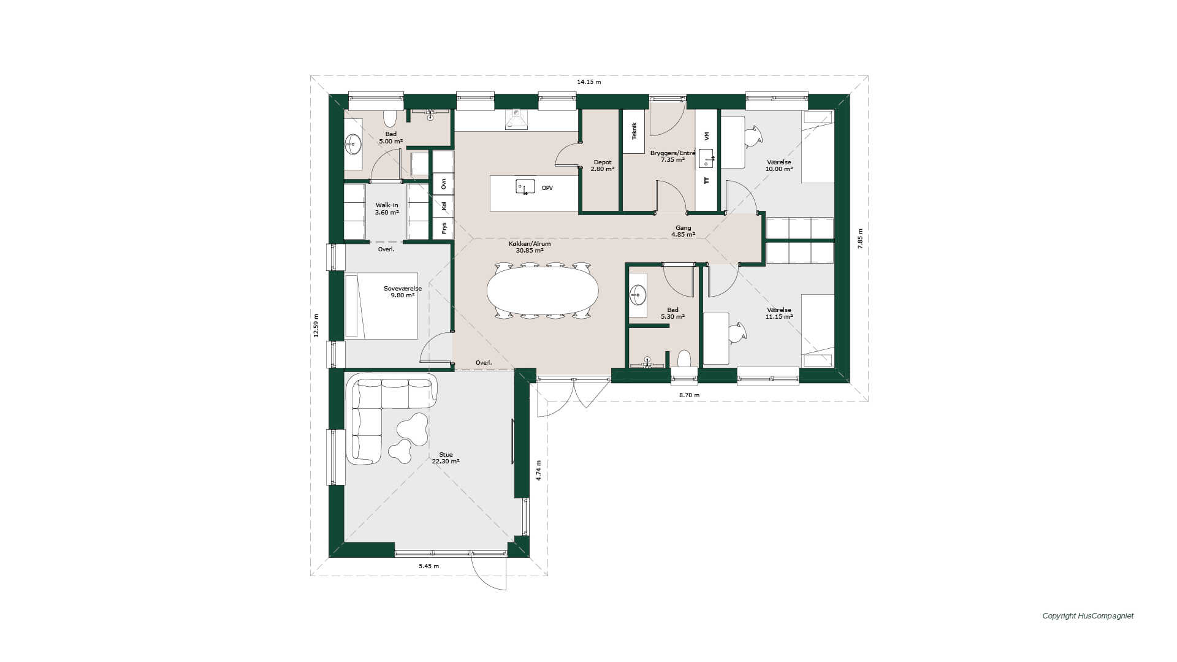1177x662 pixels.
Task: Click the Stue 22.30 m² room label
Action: coord(446,458)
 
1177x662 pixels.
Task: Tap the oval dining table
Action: coord(543,291)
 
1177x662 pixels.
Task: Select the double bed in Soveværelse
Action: coord(381,306)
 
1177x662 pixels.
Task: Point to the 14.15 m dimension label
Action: coord(588,82)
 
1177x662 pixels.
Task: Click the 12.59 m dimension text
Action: coord(316,325)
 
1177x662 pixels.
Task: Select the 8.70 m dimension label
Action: coord(689,395)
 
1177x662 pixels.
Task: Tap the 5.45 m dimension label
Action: coord(429,566)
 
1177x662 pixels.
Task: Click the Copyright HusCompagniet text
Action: coord(1087,616)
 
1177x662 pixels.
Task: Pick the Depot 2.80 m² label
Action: coord(602,165)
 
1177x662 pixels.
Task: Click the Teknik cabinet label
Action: coord(634,131)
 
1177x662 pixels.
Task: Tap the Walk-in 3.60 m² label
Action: coord(387,209)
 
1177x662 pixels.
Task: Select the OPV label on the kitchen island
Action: coord(547,188)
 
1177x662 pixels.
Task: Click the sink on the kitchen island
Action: coord(525,187)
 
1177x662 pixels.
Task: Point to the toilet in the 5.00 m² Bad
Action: coord(390,118)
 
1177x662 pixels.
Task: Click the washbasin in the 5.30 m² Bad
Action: coord(638,295)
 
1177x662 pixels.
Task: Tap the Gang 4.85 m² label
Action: coord(683,231)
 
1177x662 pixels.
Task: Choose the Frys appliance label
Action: coord(444,228)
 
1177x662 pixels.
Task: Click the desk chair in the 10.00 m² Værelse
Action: coord(753,136)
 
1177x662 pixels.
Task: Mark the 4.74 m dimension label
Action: coord(539,470)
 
